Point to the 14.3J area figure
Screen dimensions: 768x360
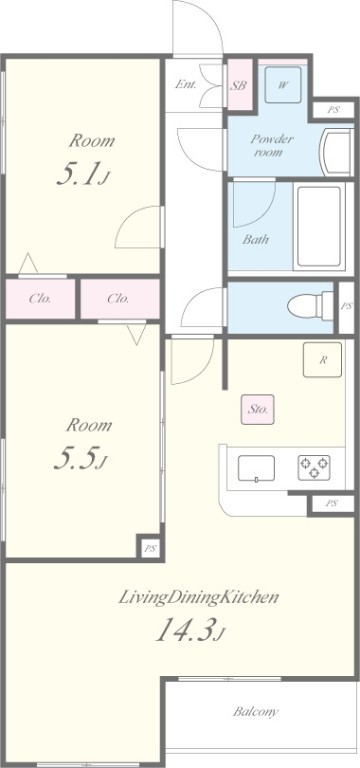[190, 632]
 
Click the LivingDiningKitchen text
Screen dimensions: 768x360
[198, 599]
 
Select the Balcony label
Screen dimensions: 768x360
[256, 712]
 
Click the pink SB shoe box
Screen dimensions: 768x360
[239, 85]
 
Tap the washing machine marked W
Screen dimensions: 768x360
[283, 84]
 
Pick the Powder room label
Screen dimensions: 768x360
[272, 146]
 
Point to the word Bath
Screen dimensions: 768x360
[256, 239]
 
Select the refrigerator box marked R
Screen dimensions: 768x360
[322, 360]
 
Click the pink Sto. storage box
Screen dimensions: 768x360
[255, 408]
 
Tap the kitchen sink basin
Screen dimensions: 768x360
[257, 467]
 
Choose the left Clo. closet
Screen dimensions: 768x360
[40, 298]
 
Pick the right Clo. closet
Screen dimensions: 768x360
[118, 298]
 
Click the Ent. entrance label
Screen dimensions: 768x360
[186, 84]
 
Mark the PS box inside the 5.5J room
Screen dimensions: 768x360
[150, 548]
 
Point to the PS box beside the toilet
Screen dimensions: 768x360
[346, 306]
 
